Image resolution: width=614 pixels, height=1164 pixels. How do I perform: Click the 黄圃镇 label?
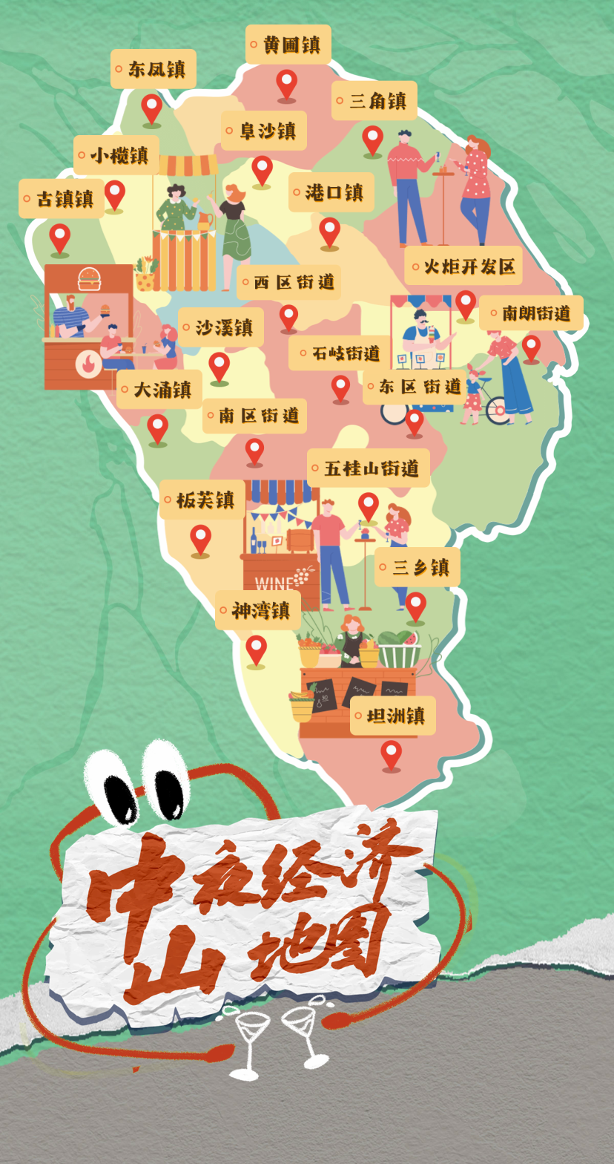coord(288,45)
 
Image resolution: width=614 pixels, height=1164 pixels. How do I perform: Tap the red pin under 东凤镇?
coord(152,108)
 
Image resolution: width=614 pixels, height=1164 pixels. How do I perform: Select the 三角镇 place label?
coord(374,101)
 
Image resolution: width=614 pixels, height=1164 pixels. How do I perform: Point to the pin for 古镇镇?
coord(60,238)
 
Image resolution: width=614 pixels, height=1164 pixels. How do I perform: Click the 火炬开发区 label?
coord(463,267)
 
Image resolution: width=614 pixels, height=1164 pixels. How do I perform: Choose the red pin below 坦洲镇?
coord(391,754)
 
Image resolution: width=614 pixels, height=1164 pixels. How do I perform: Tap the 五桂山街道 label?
coord(369,468)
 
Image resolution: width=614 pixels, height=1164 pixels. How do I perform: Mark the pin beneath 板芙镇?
coord(200,538)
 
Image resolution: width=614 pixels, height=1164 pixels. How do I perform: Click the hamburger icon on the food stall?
coord(90,279)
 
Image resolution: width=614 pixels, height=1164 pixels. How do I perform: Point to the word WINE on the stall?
coord(272,584)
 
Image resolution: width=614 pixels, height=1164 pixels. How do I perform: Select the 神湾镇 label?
coord(258,611)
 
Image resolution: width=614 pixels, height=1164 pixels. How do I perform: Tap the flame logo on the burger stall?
coord(89,364)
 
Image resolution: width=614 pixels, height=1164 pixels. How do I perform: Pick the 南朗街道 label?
coord(531,313)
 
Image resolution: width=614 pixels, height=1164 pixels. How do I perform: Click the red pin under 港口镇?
coord(329,232)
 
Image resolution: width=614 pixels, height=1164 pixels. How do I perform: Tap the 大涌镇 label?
coord(159,390)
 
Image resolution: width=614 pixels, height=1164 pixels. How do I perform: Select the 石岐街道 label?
coord(340,353)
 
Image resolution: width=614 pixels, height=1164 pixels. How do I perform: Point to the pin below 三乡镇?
coord(415,606)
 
